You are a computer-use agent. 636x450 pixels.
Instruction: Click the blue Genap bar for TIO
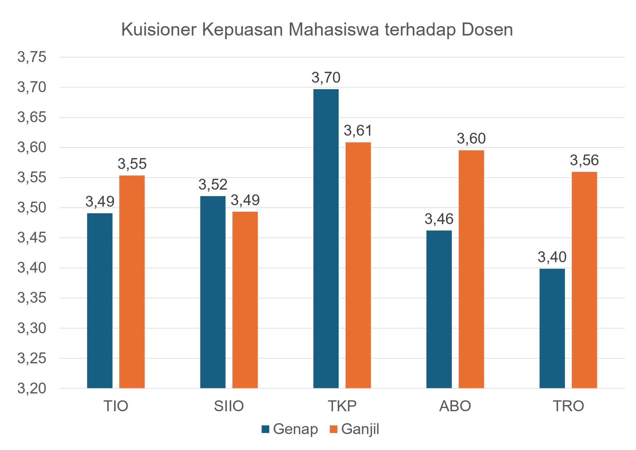[x=100, y=301]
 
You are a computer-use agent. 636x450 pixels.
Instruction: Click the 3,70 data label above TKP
[x=326, y=78]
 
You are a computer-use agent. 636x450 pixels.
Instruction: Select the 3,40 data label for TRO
[x=552, y=257]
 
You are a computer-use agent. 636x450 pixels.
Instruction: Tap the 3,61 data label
[x=358, y=131]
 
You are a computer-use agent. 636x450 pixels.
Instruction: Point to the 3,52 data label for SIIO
[x=213, y=185]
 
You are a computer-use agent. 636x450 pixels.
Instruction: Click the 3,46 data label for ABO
[x=439, y=219]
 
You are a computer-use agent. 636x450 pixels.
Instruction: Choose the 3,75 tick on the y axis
[x=32, y=57]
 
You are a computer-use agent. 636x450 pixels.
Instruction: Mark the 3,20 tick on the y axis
[x=32, y=388]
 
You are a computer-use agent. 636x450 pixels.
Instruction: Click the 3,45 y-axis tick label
[x=32, y=238]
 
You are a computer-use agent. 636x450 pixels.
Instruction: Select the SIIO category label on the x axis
[x=229, y=406]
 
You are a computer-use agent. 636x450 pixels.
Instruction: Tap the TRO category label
[x=568, y=406]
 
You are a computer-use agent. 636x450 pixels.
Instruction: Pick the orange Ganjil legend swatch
[x=334, y=429]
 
